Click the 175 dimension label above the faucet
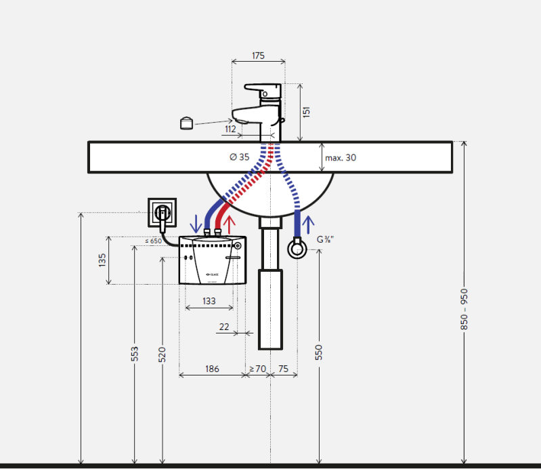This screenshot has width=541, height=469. click(258, 56)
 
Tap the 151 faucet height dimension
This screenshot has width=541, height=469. click(306, 113)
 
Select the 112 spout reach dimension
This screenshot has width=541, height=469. click(230, 129)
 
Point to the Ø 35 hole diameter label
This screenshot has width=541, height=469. click(240, 157)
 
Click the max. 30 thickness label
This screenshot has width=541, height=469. click(341, 158)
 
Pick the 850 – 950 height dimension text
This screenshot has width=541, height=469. click(464, 309)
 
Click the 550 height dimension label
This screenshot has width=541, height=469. click(318, 352)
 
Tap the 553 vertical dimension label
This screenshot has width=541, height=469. click(135, 354)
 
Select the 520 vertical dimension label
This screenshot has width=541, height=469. click(162, 354)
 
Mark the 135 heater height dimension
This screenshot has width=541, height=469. click(102, 260)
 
